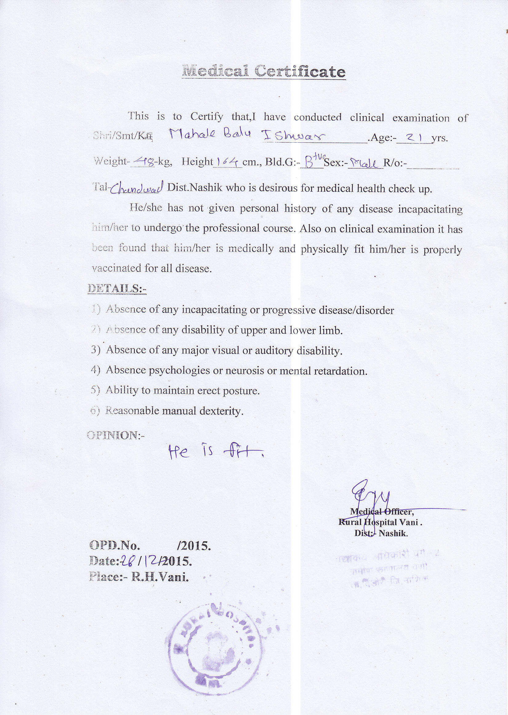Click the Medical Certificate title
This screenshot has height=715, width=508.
[x=264, y=72]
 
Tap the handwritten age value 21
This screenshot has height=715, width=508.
[x=413, y=137]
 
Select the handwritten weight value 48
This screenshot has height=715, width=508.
[x=143, y=161]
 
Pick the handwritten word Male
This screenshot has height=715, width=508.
[x=365, y=163]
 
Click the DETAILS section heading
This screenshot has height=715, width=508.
[x=117, y=288]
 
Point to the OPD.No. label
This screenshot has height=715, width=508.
[x=115, y=545]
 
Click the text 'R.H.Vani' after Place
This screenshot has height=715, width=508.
[x=160, y=577]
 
